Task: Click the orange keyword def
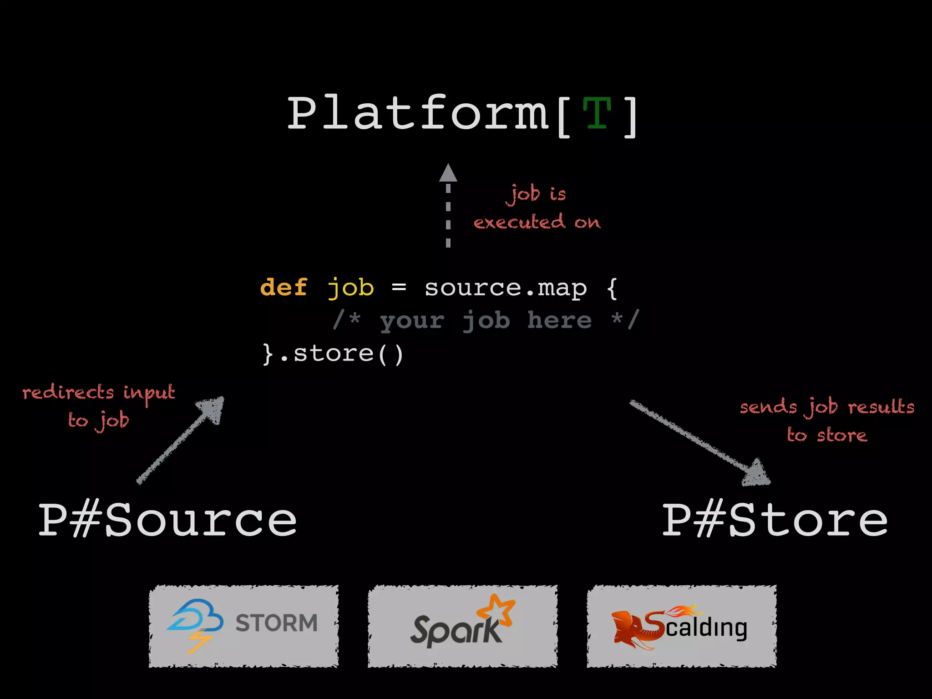tap(284, 288)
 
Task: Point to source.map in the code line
tap(506, 288)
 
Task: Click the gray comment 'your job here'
tap(486, 320)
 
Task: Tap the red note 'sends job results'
tap(827, 406)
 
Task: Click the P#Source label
tap(167, 520)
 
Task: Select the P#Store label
tap(775, 520)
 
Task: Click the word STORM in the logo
tap(276, 623)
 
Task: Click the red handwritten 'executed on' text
tap(537, 223)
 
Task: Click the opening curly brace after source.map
tap(613, 288)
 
